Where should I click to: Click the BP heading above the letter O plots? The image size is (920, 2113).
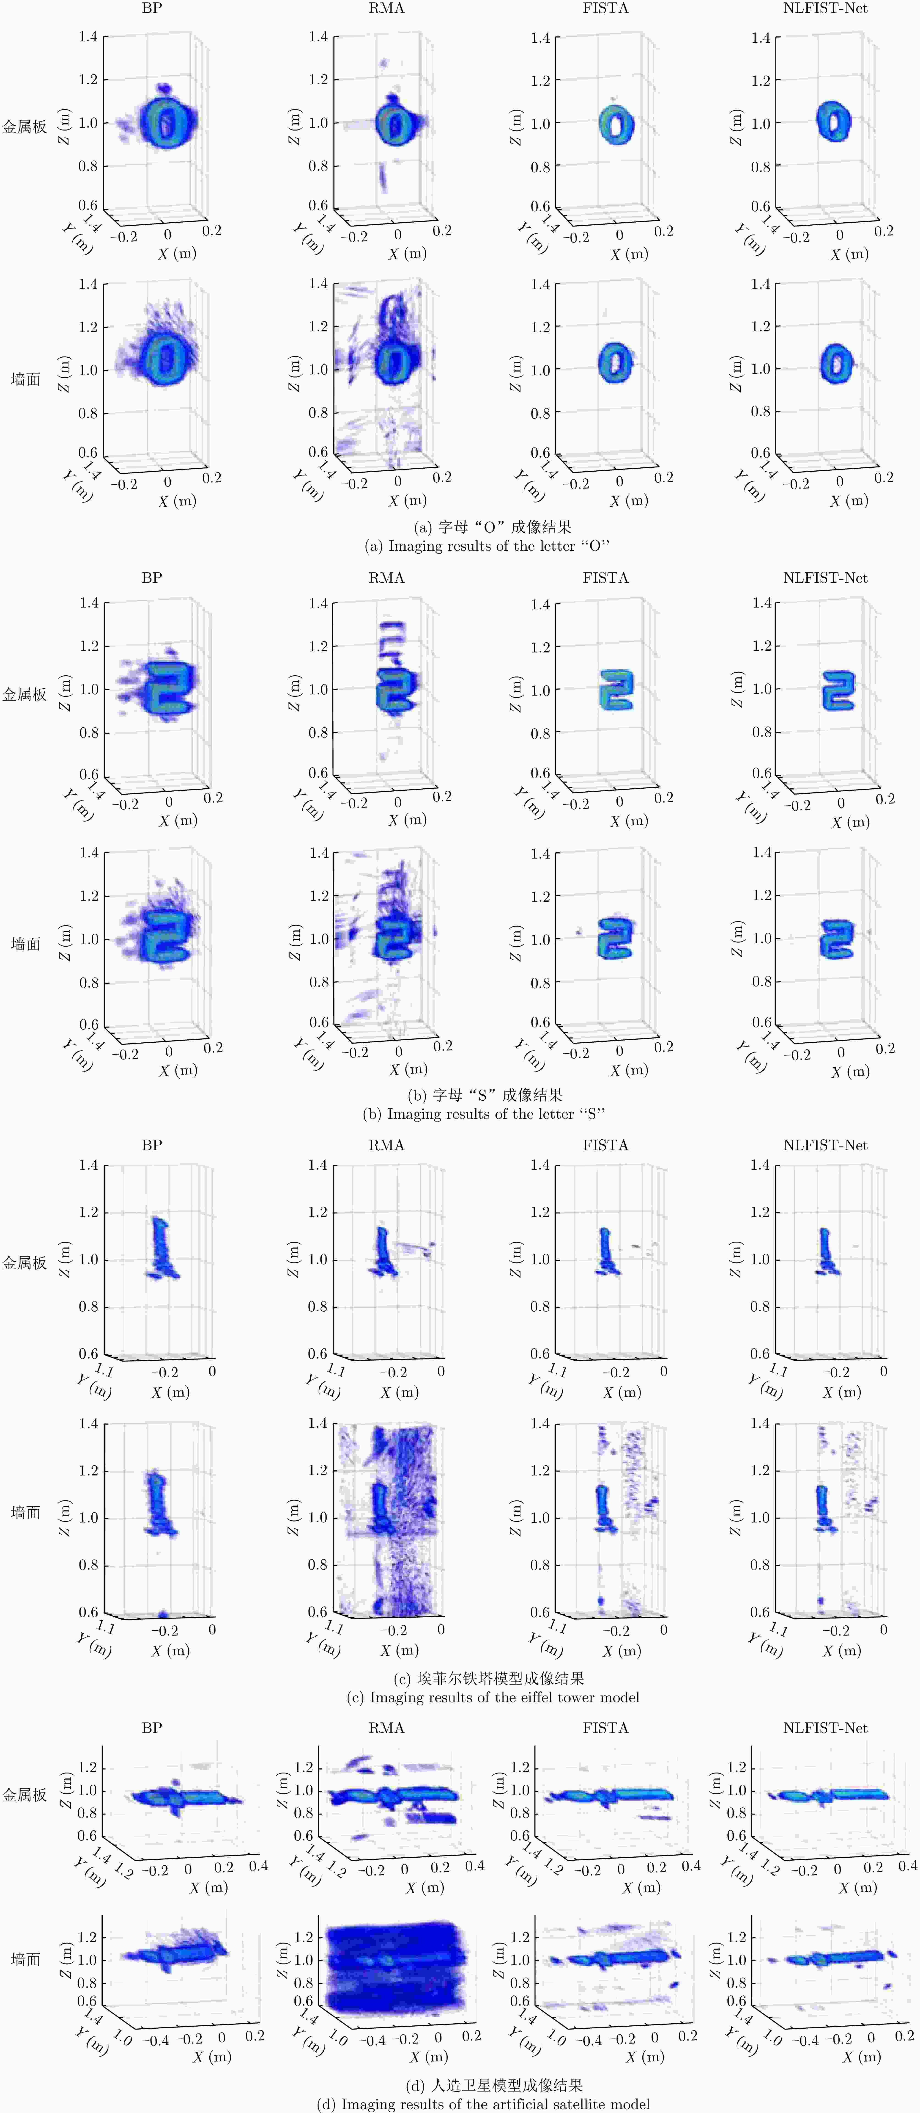coord(152,8)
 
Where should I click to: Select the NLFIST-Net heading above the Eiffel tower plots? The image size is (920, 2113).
coord(825,1145)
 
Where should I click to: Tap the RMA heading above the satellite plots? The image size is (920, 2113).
coord(386,1727)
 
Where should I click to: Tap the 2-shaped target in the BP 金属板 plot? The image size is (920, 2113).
coord(170,687)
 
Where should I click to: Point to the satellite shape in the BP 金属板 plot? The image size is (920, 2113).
coord(182,1798)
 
